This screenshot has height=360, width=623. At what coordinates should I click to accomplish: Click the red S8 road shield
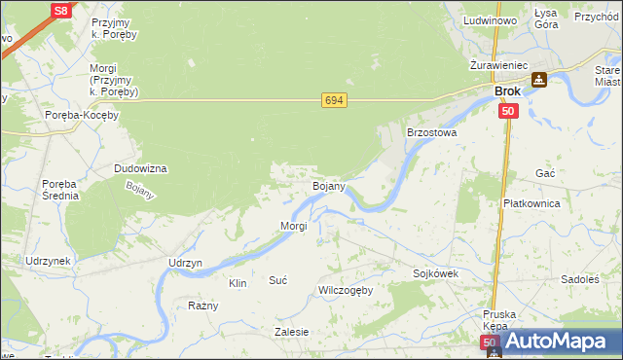(x=60, y=11)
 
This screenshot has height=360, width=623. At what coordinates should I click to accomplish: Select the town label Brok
(x=507, y=91)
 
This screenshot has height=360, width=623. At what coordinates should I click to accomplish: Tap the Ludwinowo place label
(x=490, y=20)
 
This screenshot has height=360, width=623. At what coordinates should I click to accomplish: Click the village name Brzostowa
(x=431, y=131)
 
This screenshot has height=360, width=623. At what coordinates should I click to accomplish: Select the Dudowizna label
(x=141, y=168)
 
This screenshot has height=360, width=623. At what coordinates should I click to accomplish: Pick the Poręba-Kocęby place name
(x=82, y=115)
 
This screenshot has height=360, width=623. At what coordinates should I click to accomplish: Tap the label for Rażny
(x=202, y=306)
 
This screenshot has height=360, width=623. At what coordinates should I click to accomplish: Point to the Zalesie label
(x=292, y=332)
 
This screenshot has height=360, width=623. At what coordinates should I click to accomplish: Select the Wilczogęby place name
(x=346, y=291)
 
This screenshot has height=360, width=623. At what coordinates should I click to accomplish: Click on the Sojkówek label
(x=435, y=274)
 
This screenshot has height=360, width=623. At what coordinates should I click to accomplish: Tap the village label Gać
(x=545, y=172)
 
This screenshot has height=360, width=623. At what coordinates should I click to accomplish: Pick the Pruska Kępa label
(x=502, y=321)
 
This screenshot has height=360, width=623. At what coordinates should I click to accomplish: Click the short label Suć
(x=278, y=280)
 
